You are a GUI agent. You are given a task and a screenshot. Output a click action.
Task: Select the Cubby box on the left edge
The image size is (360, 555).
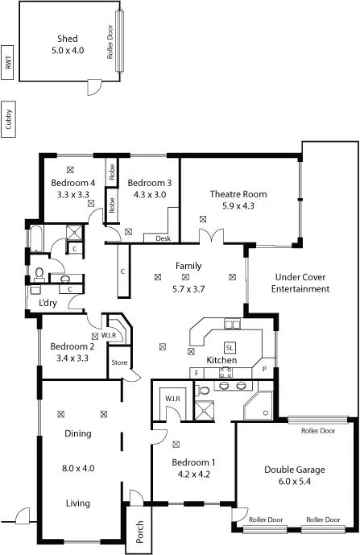(x=8, y=118)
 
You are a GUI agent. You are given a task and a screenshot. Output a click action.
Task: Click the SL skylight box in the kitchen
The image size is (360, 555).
(x=230, y=346)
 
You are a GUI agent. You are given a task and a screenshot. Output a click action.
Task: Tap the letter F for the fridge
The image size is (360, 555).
(x=195, y=373)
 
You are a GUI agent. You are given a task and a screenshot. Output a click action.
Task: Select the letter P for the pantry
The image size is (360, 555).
(x=263, y=369)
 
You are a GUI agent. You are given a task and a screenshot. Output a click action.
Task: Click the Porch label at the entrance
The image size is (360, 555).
(x=138, y=531)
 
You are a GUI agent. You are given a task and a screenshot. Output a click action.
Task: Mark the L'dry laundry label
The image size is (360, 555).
(x=37, y=304)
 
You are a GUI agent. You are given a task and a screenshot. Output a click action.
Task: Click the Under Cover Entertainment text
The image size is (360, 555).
(x=300, y=282)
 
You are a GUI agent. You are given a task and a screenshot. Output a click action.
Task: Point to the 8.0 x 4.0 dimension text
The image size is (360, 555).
(x=77, y=467)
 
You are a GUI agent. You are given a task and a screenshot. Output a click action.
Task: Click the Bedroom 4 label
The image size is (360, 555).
(x=73, y=183)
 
